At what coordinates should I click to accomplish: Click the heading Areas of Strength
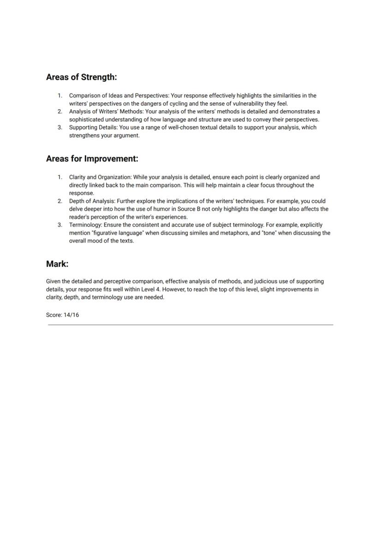(x=81, y=77)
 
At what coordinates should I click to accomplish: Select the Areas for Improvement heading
(x=92, y=159)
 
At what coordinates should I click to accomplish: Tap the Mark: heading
(x=57, y=264)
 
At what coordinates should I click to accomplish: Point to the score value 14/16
(x=71, y=315)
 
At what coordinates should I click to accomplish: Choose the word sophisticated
(x=88, y=119)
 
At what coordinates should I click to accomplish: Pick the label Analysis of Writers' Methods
(x=106, y=112)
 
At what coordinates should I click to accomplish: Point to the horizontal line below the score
(x=191, y=325)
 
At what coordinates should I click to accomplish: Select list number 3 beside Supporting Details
(x=60, y=127)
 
